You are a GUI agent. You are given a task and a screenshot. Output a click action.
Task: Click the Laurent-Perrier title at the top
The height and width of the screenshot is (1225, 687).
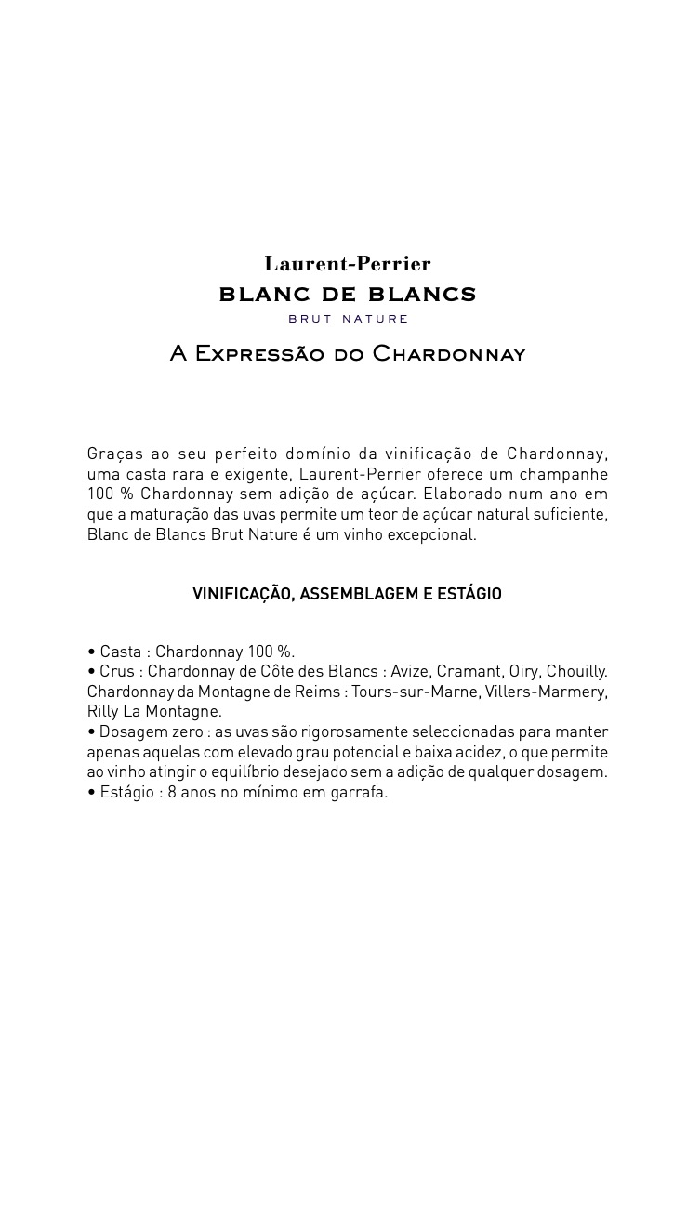click(x=347, y=264)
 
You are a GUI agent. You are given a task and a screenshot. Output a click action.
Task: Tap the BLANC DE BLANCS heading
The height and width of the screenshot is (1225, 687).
click(x=347, y=295)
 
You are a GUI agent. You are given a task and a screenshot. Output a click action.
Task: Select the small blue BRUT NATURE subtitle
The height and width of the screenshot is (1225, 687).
click(x=348, y=319)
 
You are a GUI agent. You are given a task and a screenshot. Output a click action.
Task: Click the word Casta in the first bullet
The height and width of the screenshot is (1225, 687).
click(x=121, y=652)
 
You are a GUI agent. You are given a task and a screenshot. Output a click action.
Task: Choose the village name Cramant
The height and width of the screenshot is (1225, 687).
click(x=469, y=671)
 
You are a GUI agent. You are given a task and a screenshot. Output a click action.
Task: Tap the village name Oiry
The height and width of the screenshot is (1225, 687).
click(x=523, y=671)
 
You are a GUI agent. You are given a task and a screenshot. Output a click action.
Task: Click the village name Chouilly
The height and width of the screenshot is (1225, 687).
click(x=576, y=671)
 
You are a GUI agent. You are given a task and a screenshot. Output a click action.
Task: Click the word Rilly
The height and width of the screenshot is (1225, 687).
click(x=104, y=712)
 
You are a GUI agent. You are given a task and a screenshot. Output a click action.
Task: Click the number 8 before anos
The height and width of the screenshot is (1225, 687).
click(x=172, y=793)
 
